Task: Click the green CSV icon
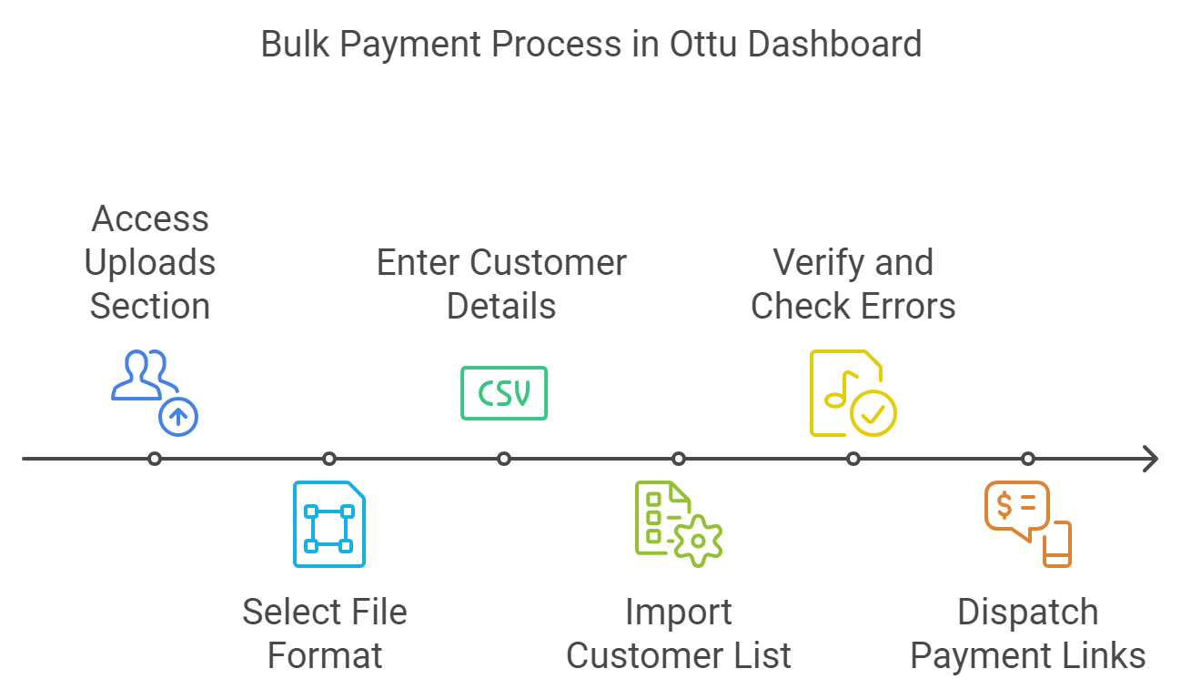tap(504, 393)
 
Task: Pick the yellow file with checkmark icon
tap(853, 393)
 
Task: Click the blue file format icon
tap(329, 524)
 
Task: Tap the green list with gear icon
tap(678, 524)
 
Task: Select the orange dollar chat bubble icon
tap(1027, 524)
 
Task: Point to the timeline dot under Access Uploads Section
tap(155, 459)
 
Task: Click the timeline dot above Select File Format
tap(329, 459)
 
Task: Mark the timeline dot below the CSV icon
tap(504, 459)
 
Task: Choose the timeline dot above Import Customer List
tap(679, 459)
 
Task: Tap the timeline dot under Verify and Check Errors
tap(853, 459)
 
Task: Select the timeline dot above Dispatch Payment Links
tap(1027, 459)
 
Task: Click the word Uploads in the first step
tap(150, 262)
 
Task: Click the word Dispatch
tap(1027, 612)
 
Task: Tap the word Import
tap(679, 612)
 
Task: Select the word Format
tap(325, 655)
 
